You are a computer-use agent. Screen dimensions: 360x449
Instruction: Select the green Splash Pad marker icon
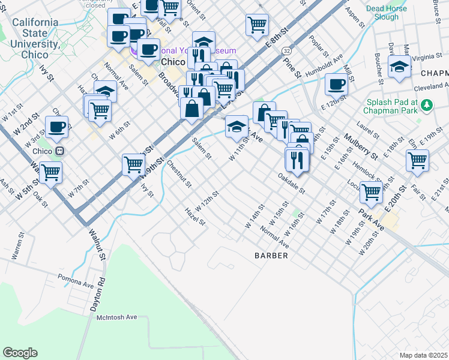pyautogui.click(x=427, y=106)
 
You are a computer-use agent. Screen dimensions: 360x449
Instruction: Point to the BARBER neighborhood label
pyautogui.click(x=271, y=256)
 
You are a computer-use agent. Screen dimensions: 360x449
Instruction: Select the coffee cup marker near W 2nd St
pyautogui.click(x=56, y=127)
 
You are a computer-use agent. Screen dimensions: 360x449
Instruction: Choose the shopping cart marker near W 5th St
pyautogui.click(x=51, y=172)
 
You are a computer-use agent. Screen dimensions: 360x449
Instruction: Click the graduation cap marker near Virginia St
pyautogui.click(x=399, y=67)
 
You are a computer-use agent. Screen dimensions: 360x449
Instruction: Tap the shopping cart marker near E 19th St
pyautogui.click(x=417, y=160)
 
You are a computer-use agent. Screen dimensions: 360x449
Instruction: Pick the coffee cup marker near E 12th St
pyautogui.click(x=337, y=85)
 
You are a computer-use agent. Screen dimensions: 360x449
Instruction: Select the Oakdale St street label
pyautogui.click(x=292, y=185)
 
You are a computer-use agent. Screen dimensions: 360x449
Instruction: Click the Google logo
pyautogui.click(x=20, y=352)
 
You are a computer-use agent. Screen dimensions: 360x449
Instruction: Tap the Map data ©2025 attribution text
pyautogui.click(x=423, y=355)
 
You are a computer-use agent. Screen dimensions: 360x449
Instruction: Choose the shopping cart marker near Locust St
pyautogui.click(x=372, y=191)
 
